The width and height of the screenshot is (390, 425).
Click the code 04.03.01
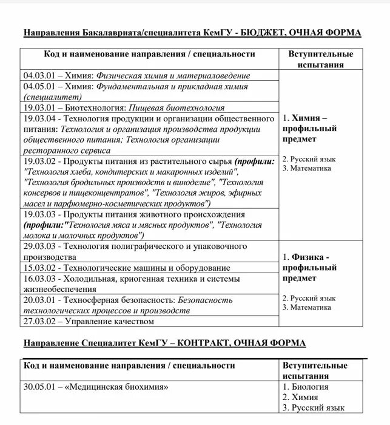[39, 76]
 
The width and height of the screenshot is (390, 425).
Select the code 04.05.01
[39, 87]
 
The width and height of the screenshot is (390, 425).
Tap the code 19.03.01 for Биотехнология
[39, 107]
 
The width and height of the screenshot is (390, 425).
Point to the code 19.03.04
[39, 118]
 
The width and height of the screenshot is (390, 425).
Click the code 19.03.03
[39, 214]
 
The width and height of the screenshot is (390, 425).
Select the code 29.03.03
[39, 246]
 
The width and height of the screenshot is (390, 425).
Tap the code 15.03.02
[39, 268]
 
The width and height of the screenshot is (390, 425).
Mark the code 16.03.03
[39, 279]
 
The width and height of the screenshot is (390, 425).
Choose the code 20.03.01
[39, 300]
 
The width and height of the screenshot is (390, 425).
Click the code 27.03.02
[39, 321]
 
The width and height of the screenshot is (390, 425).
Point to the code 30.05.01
[39, 386]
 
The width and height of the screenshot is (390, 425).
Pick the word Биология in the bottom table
[310, 386]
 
